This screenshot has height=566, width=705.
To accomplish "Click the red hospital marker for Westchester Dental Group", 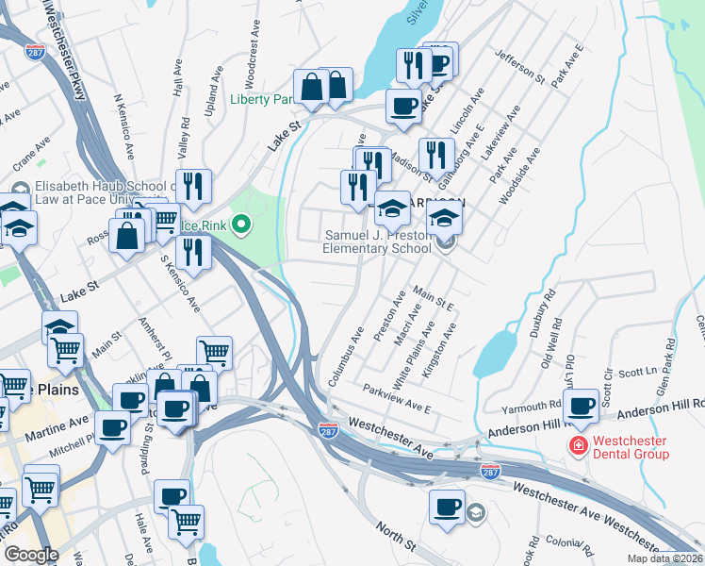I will (x=574, y=443).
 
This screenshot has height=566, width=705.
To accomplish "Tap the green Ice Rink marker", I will (x=242, y=225).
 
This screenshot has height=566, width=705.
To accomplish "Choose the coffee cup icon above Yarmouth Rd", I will (x=582, y=405).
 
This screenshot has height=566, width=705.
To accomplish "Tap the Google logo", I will (x=31, y=555).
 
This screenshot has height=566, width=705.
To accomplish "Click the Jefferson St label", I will (x=520, y=65).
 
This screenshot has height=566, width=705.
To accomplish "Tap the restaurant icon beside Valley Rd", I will (x=193, y=188).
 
